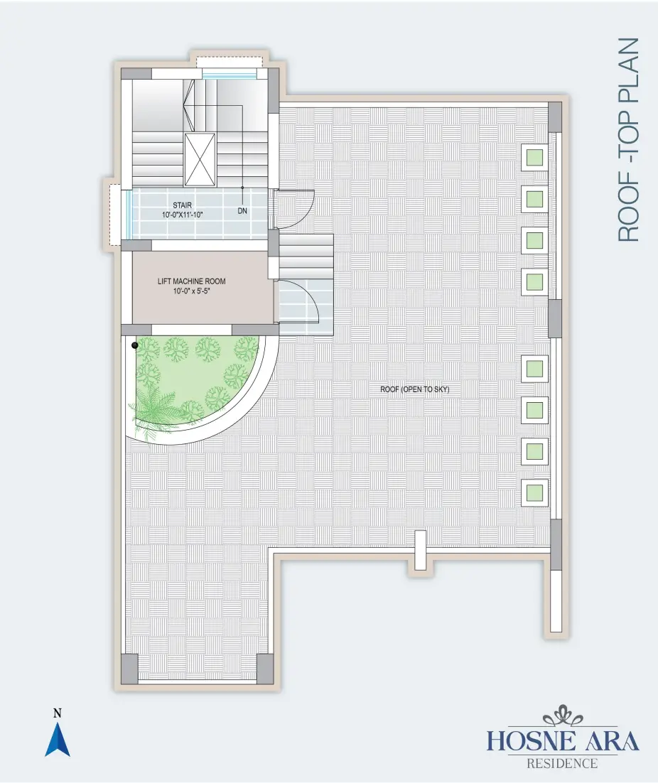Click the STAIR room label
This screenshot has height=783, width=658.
pos(182,205)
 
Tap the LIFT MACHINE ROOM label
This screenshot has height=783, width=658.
pos(192,281)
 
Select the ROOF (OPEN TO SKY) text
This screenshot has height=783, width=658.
pos(415,389)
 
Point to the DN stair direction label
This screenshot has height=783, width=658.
pos(242,211)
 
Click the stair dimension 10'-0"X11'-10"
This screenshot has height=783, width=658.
pos(182,215)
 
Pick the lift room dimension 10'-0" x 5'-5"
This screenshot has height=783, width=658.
pos(192,291)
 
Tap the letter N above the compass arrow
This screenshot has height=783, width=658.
pos(58,713)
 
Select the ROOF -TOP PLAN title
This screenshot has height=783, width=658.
pos(629,140)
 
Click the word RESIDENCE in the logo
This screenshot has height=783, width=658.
pos(562,764)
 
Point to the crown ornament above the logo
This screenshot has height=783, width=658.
pos(563,716)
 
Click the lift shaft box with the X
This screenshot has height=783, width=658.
pos(200,159)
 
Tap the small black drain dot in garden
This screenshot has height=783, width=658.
pos(134,345)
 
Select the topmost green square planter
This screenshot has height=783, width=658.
pos(534,157)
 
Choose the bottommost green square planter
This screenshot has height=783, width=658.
pos(534,492)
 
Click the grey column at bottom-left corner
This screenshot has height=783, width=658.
pos(129,669)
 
